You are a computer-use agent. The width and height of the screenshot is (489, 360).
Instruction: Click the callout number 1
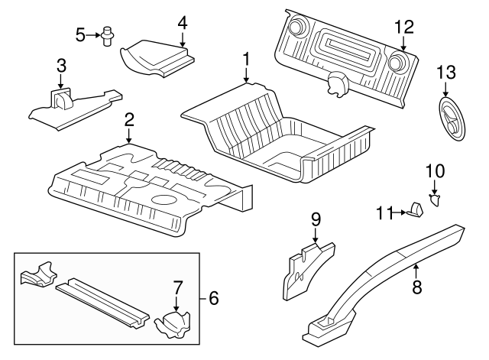[x=246, y=59]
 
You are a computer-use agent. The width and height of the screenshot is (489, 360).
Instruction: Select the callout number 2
[x=129, y=119]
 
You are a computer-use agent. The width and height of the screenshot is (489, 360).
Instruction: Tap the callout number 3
[x=60, y=66]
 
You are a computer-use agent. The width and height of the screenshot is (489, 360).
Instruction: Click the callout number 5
[x=80, y=34]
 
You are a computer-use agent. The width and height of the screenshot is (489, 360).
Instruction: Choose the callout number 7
[x=177, y=288]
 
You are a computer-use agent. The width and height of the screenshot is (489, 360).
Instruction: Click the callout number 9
[x=315, y=219]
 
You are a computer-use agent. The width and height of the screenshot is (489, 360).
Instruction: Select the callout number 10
[x=434, y=170]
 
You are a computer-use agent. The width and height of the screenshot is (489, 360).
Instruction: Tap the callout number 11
[x=384, y=212]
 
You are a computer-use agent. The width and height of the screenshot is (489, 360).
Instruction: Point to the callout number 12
[x=403, y=27]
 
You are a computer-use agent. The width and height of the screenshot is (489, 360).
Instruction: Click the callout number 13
[x=445, y=73]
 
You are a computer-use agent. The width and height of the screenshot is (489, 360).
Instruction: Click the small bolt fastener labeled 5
[x=108, y=35]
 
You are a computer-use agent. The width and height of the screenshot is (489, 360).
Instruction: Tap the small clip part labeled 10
[x=436, y=200]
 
